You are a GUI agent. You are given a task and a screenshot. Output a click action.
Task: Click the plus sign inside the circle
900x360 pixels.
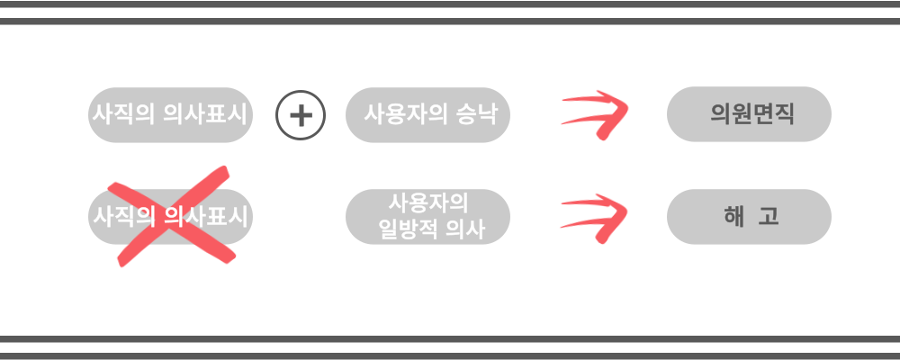coord(301,115)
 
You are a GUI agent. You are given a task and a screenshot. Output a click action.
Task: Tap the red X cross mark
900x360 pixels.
coord(171,216)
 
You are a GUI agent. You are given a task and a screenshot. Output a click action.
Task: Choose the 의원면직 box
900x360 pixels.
coord(749,115)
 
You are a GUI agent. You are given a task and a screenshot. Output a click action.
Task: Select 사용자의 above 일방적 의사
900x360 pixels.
coord(428,202)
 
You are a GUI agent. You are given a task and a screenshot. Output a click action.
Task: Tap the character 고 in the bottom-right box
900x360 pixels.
coord(769,217)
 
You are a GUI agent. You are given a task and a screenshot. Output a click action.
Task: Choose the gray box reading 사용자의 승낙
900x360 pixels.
coord(428,115)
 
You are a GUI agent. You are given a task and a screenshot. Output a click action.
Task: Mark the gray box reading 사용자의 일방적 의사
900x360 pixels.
coord(428,217)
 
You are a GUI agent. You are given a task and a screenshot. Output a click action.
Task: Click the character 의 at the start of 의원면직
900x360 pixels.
coord(718,115)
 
